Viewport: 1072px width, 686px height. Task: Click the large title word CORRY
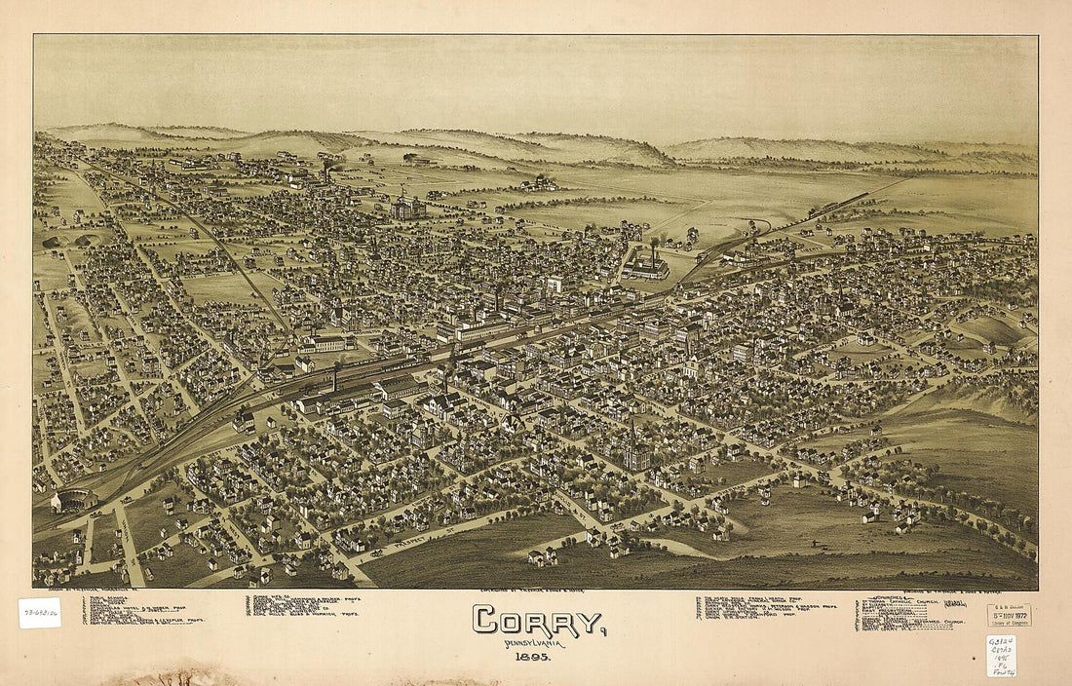coord(538,620)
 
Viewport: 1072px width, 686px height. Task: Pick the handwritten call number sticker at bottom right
coord(1001,656)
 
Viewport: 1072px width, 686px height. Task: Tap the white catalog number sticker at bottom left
coord(39,612)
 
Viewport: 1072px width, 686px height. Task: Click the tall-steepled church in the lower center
coord(635,450)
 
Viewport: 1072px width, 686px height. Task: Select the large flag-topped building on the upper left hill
coord(407,207)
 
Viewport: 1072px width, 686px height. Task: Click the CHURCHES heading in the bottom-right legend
coord(889,597)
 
